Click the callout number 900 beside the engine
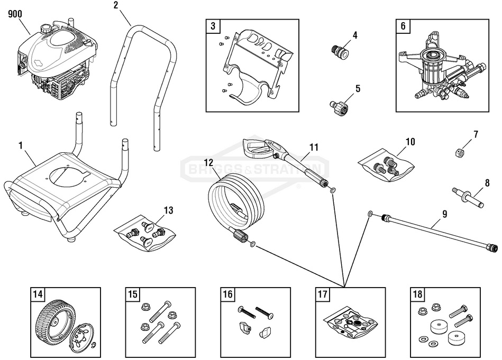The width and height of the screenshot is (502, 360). pos(14,15)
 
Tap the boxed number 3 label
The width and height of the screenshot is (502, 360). pos(213,26)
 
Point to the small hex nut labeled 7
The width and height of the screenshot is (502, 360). pos(459,152)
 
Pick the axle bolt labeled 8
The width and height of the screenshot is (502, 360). pos(468,195)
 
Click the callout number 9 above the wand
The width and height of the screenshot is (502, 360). pos(444,214)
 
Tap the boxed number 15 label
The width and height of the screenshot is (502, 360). pos(132,294)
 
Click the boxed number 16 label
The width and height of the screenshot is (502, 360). pos(227,294)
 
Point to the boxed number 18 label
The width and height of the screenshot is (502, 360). pos(417,294)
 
